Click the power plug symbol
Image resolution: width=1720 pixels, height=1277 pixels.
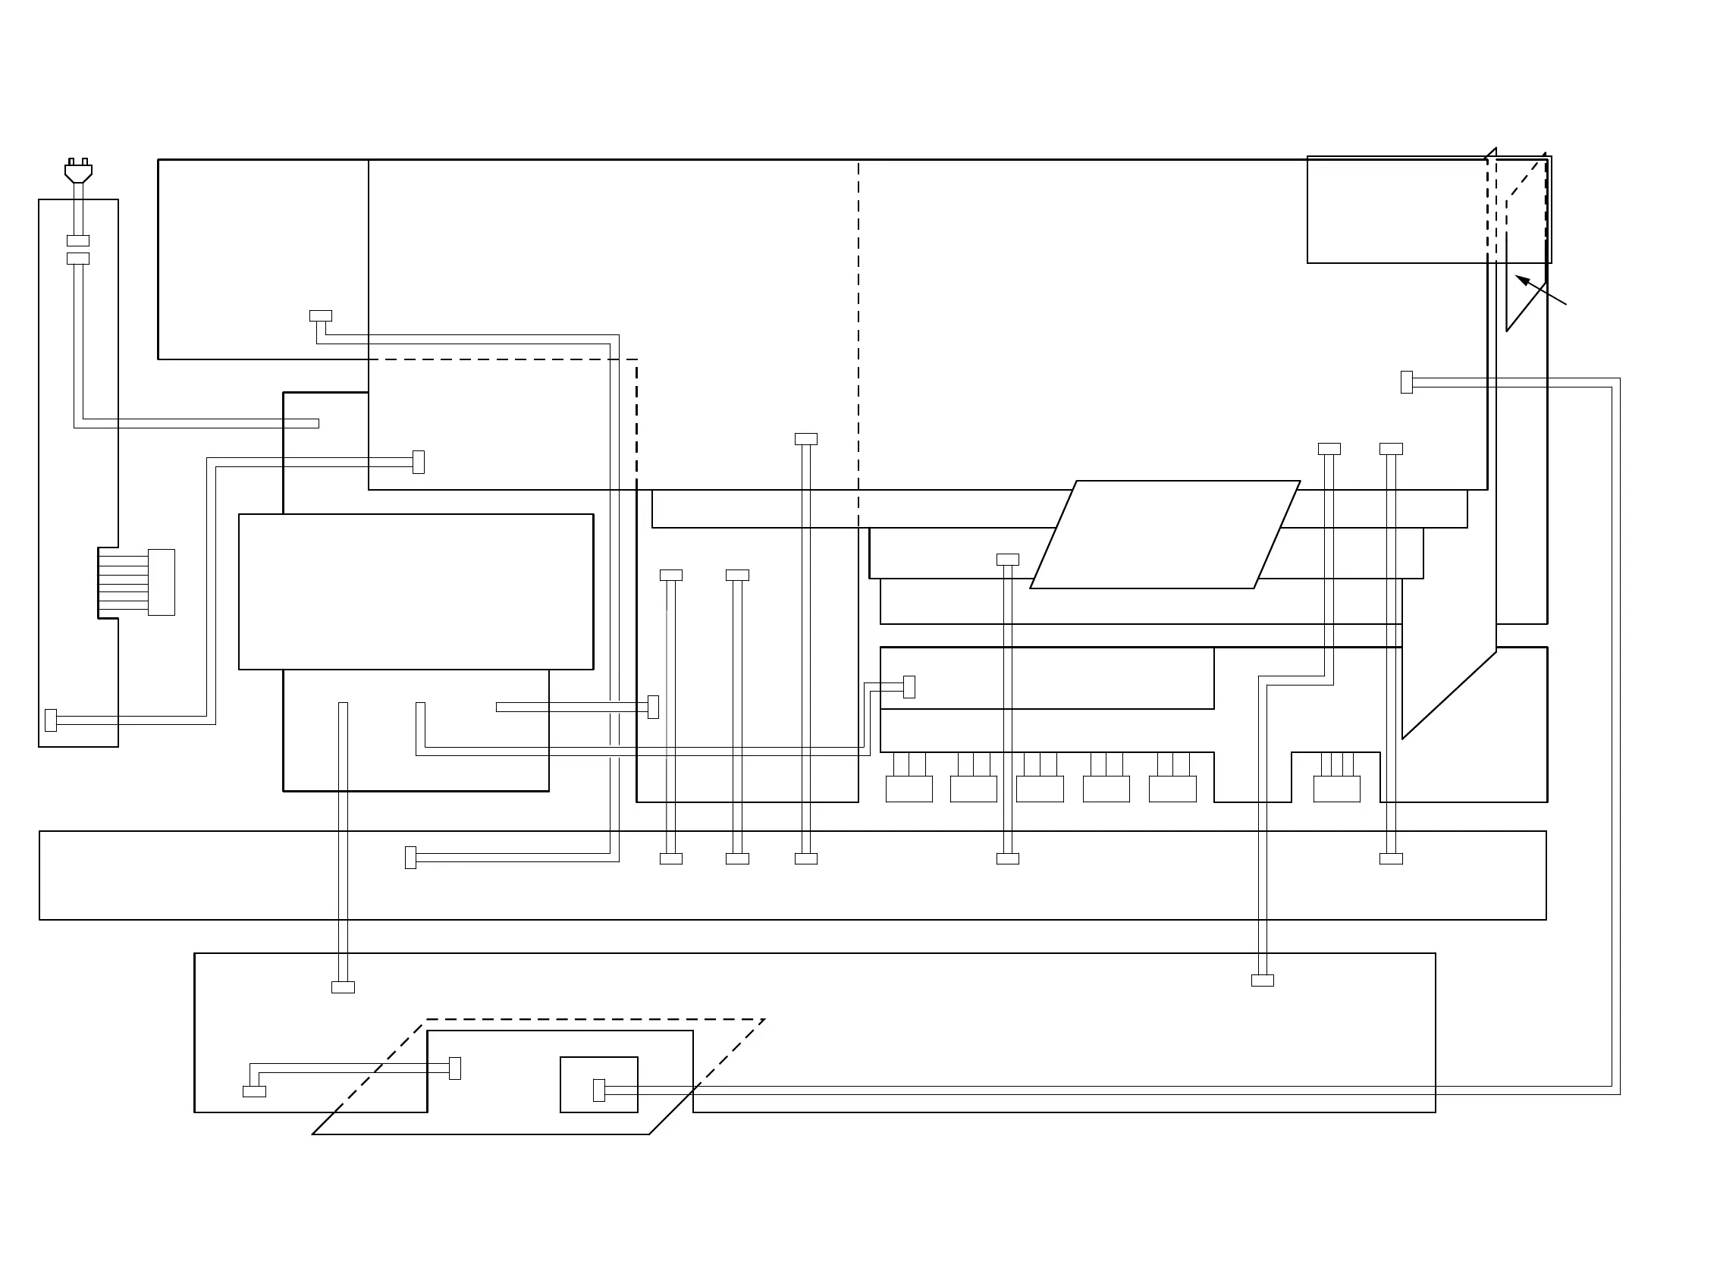tap(78, 171)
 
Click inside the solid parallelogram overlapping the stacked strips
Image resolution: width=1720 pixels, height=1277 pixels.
tap(1164, 534)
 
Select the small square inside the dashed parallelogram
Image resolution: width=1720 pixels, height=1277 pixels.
tap(598, 1084)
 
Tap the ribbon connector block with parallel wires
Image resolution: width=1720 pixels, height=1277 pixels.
tap(161, 582)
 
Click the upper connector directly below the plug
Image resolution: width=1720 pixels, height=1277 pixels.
tap(78, 240)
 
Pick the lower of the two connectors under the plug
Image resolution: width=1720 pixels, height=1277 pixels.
tap(78, 258)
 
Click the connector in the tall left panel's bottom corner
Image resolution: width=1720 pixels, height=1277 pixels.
tap(51, 720)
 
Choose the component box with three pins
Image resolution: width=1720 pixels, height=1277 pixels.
tap(1336, 789)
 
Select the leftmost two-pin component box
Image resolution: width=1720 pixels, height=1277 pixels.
tap(909, 789)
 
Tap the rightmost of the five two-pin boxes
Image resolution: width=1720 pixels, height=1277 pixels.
tap(1172, 789)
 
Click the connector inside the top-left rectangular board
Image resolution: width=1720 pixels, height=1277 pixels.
tap(320, 315)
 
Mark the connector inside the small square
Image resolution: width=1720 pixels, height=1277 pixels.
tap(598, 1090)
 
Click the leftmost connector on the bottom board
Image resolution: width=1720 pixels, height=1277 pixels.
tap(254, 1091)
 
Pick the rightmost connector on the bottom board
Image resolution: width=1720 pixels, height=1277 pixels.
tap(1263, 980)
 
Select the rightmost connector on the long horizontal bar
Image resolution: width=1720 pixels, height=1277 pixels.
tap(1391, 858)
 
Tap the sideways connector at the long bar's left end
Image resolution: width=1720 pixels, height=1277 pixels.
tap(410, 857)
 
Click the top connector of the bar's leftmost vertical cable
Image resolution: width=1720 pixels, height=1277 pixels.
tap(671, 575)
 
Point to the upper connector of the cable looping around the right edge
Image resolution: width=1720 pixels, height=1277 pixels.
tap(1406, 382)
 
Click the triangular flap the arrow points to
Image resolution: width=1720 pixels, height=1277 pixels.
tap(1524, 255)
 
